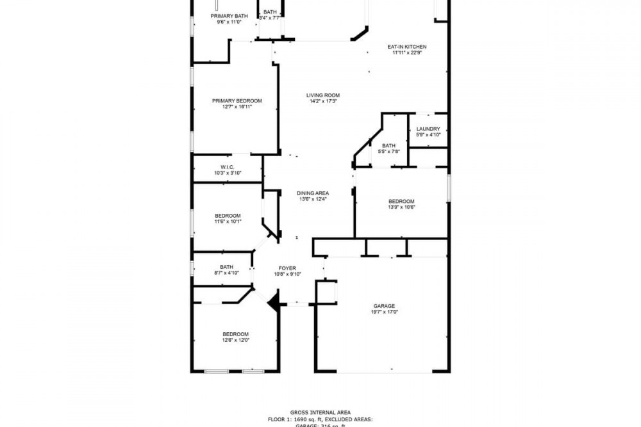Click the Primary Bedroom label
[237, 101]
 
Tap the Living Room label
[322, 95]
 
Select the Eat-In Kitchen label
[407, 47]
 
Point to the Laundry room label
[428, 129]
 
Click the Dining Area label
[313, 193]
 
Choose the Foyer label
[287, 268]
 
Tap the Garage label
[384, 306]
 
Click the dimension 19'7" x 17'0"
[384, 312]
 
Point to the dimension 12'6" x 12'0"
[235, 341]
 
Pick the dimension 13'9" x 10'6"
[402, 207]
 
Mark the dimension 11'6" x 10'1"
[228, 222]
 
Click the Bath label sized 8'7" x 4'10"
[226, 267]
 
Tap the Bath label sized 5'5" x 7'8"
[389, 145]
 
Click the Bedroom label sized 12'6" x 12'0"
[235, 334]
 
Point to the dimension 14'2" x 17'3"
[322, 101]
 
